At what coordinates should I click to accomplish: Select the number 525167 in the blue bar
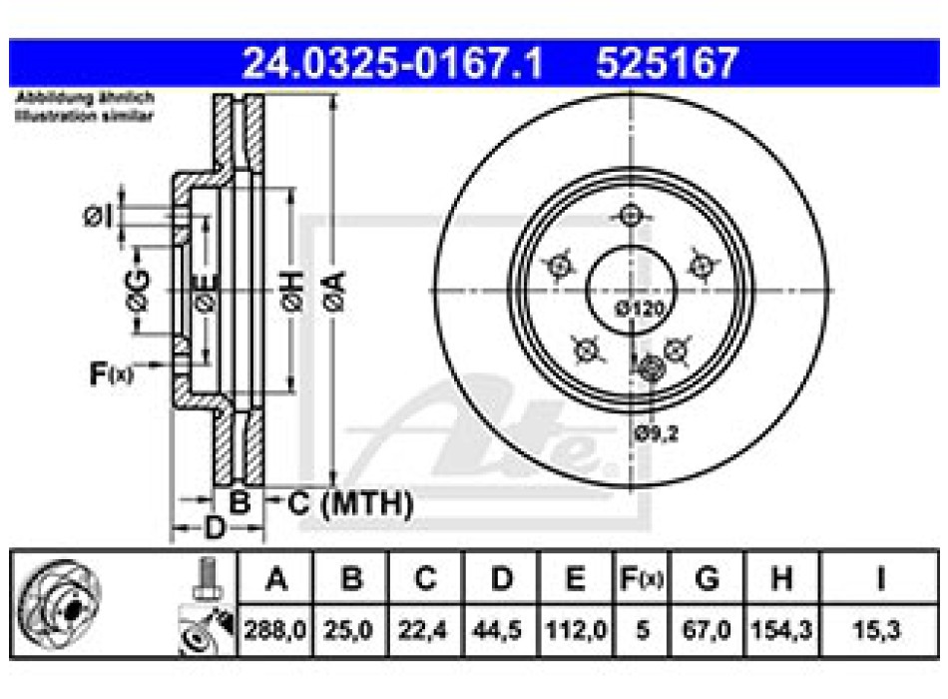coord(666,63)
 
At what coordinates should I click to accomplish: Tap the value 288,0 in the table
coord(275,630)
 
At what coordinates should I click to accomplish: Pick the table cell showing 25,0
coord(349,630)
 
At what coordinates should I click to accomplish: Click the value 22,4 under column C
coord(425,630)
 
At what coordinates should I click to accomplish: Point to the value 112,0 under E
coord(576,630)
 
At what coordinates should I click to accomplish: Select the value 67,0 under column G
coord(707,630)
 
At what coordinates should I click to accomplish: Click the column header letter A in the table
coord(275,578)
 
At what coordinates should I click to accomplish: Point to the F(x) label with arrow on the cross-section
coord(110,374)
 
